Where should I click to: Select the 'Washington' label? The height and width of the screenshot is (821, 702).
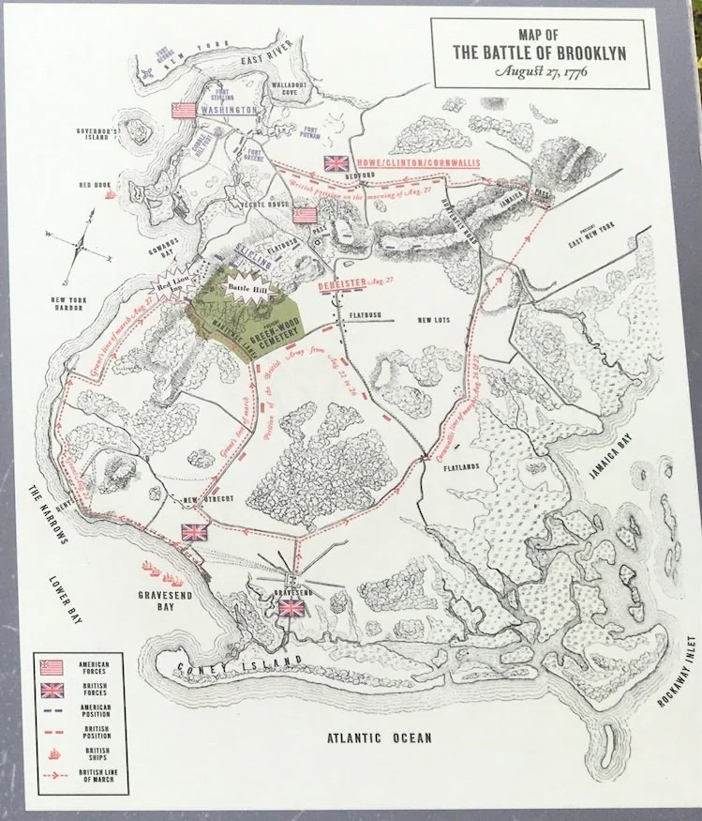click(229, 111)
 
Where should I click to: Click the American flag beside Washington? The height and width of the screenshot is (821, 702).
click(183, 111)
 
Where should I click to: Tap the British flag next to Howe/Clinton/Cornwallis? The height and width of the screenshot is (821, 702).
click(336, 162)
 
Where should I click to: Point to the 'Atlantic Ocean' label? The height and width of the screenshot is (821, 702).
click(379, 738)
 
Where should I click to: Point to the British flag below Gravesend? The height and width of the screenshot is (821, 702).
click(292, 609)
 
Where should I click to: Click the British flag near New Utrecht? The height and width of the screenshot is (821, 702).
click(195, 531)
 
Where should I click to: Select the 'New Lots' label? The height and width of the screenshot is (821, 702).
click(436, 320)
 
